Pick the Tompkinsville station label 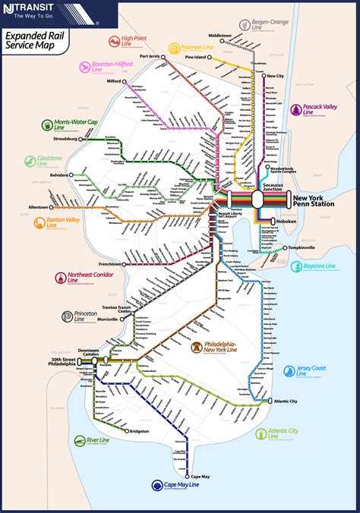(x=302, y=247)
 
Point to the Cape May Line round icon (x=157, y=486)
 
